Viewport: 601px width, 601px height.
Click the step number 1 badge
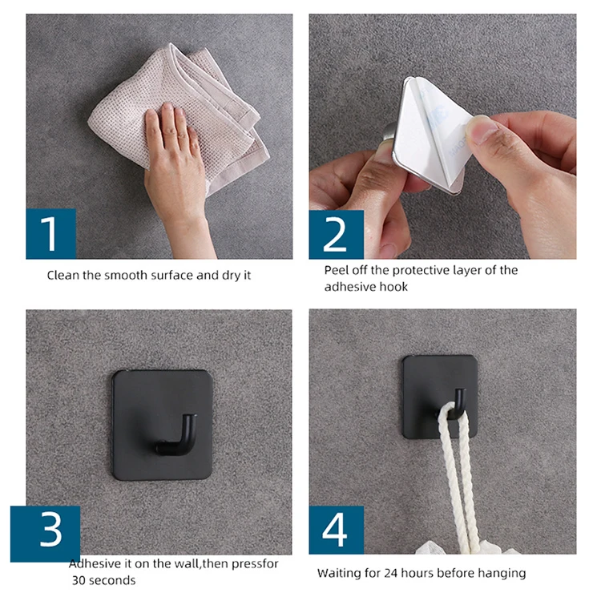(50, 234)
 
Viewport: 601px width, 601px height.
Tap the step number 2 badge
(336, 234)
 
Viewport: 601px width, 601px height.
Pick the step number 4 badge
(336, 530)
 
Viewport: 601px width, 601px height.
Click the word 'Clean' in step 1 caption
(63, 275)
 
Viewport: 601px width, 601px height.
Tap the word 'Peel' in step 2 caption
(337, 270)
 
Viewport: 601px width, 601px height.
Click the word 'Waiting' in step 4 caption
(339, 573)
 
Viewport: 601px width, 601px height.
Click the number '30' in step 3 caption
(78, 580)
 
